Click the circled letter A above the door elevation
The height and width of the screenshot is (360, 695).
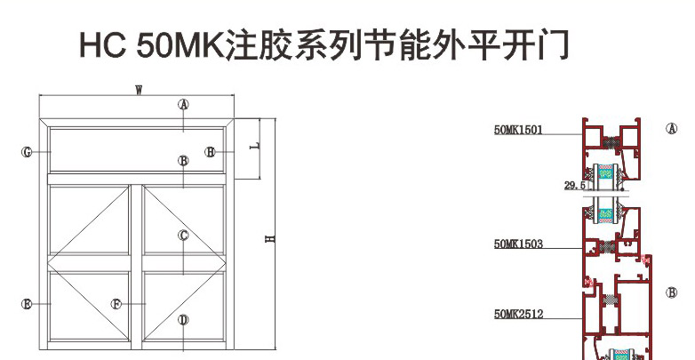183,105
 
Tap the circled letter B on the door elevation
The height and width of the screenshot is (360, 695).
183,161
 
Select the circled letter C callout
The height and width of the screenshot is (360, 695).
183,236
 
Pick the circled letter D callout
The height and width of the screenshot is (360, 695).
183,320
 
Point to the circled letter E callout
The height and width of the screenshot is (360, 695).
27,304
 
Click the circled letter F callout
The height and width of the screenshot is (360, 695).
116,304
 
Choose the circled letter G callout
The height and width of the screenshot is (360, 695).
27,153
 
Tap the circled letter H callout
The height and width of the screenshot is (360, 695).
210,152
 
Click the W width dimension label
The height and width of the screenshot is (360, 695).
139,90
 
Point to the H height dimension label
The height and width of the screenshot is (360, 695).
270,238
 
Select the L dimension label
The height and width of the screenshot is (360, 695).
254,146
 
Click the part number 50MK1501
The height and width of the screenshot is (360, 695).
518,130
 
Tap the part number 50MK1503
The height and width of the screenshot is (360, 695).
518,244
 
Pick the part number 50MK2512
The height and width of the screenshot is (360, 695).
518,315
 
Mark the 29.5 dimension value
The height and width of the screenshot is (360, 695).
575,186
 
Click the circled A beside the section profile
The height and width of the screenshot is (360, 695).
672,129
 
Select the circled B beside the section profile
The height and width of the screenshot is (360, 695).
672,292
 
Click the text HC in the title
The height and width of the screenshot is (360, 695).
103,44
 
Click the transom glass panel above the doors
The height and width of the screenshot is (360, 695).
137,149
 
